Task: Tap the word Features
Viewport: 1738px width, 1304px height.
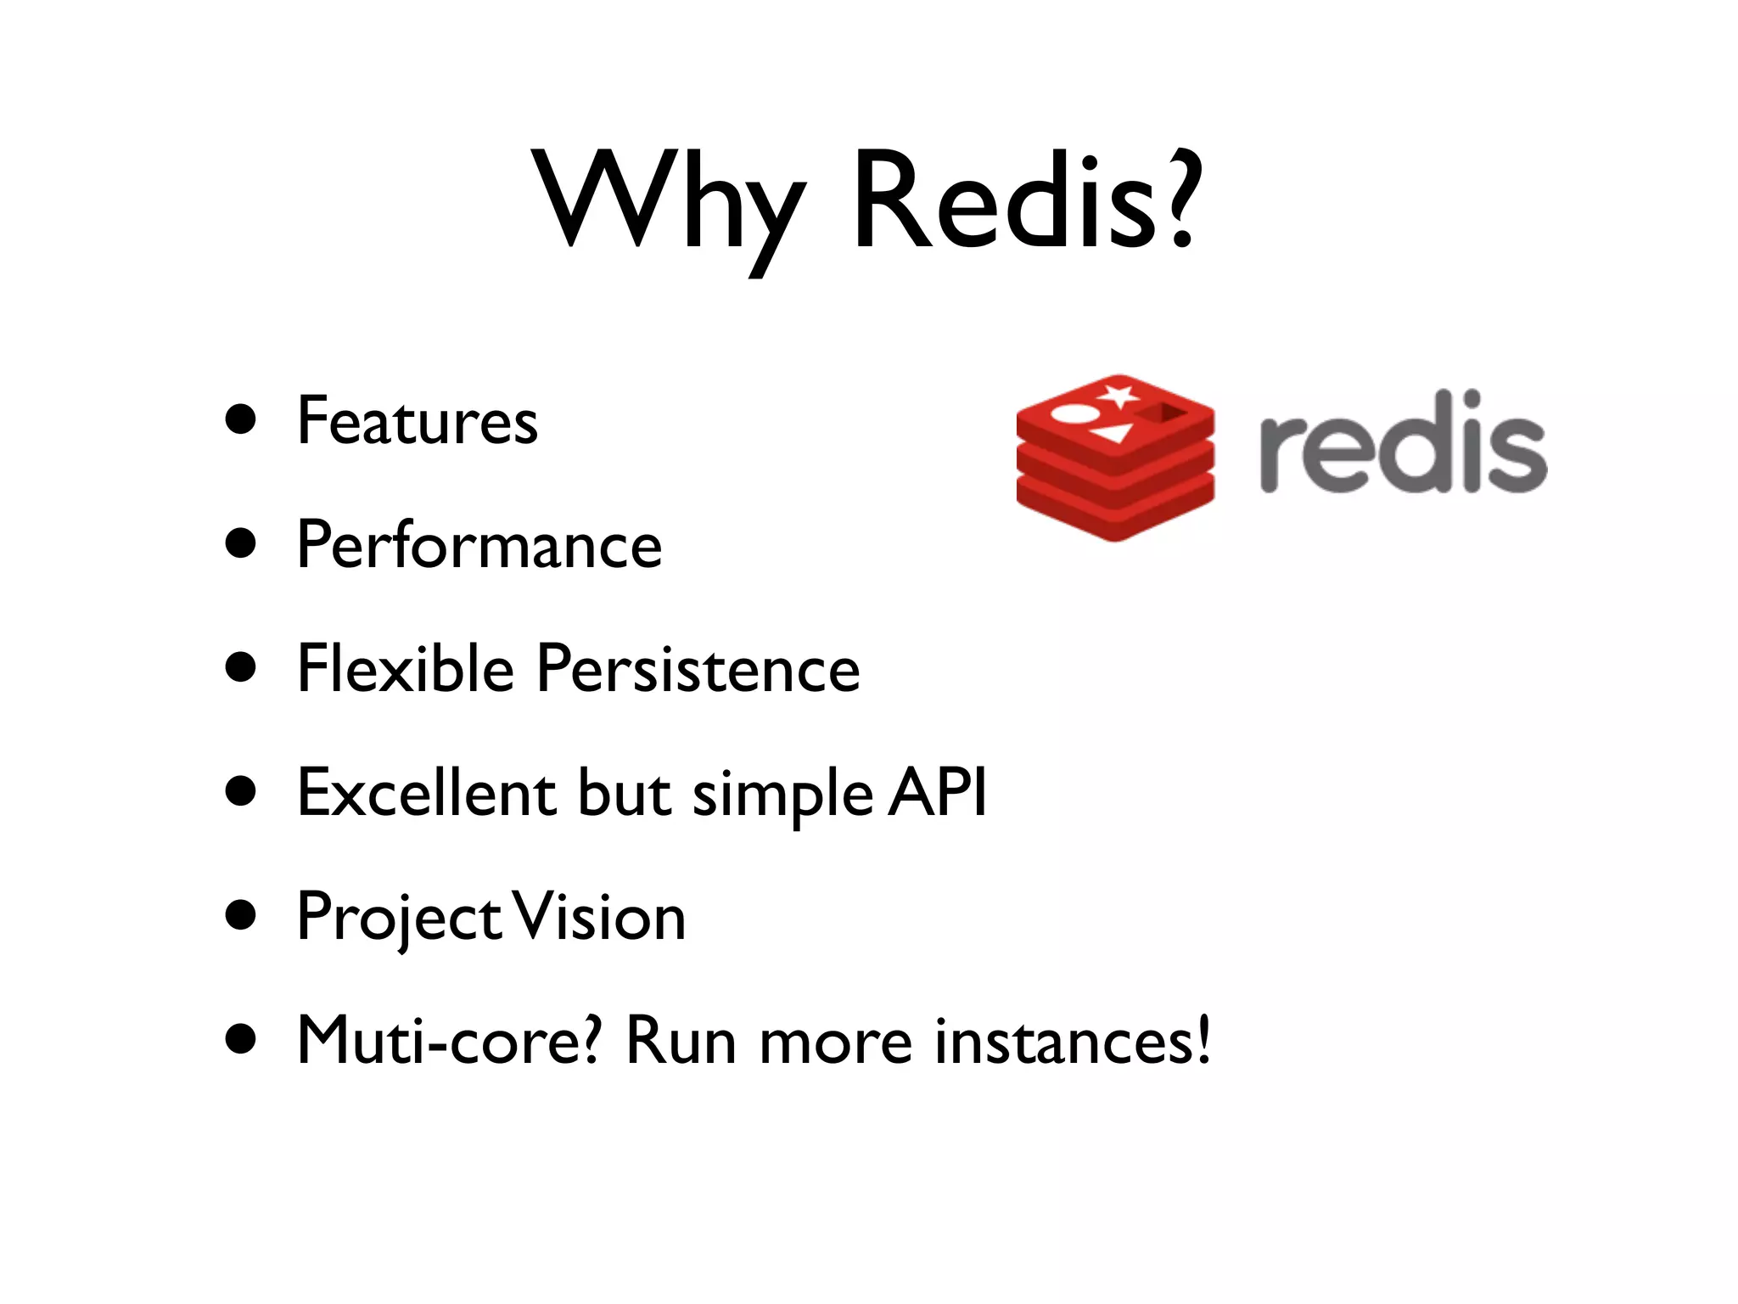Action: tap(417, 421)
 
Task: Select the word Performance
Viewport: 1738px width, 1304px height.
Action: tap(479, 546)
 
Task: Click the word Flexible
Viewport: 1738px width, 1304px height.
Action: tap(406, 669)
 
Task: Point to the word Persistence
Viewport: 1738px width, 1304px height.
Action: tap(698, 669)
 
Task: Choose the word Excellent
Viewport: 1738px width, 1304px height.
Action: tap(426, 793)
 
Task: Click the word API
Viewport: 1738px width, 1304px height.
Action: tap(938, 791)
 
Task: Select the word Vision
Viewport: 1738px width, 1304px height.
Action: tap(600, 917)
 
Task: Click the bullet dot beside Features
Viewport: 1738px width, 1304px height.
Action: tap(242, 419)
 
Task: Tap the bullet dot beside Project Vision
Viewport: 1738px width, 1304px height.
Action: tap(242, 916)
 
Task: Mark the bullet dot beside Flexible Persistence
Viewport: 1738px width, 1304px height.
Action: tap(242, 667)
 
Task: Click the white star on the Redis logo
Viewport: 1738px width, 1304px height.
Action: tap(1119, 395)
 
